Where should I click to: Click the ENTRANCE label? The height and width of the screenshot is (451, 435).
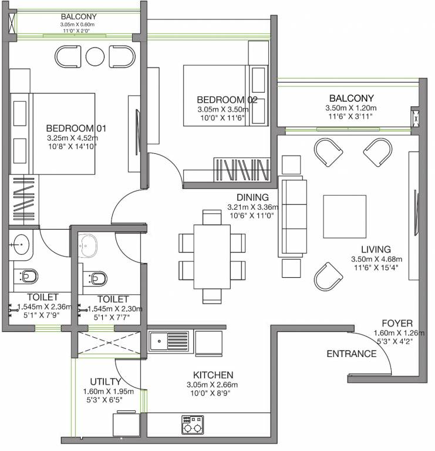[351, 354]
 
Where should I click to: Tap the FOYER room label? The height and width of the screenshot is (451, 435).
[397, 323]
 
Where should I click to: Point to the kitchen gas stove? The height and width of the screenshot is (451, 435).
[193, 425]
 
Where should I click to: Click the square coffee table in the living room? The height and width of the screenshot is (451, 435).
[345, 217]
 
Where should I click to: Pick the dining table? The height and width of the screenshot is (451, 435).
[212, 257]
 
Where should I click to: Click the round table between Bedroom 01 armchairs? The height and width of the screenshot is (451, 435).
[95, 56]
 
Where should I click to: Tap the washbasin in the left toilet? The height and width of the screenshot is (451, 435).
[22, 244]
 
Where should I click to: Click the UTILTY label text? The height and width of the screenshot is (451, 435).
[106, 381]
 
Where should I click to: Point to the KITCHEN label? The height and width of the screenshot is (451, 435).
[213, 375]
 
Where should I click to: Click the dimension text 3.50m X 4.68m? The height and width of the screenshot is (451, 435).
[376, 259]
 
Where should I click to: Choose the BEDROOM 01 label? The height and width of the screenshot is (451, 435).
[76, 128]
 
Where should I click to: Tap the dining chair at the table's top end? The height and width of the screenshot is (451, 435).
[212, 217]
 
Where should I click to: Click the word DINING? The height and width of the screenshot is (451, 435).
[252, 197]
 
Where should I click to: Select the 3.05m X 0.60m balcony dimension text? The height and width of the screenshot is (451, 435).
[77, 25]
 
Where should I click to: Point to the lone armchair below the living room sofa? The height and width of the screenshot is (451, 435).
[328, 277]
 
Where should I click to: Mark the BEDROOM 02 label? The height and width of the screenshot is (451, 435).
[227, 100]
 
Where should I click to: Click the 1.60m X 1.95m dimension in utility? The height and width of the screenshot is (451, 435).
[109, 392]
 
